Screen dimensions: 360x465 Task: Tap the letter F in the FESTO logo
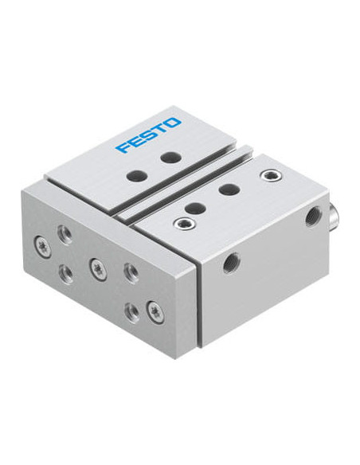click(123, 147)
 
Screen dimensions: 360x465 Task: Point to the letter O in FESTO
click(173, 123)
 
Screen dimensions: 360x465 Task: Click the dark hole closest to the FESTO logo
click(170, 157)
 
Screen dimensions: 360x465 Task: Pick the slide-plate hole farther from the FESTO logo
click(136, 175)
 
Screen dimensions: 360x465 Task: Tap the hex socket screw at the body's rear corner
click(271, 175)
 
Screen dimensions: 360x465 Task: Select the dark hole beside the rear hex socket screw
click(229, 190)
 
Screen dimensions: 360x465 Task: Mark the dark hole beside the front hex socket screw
click(195, 208)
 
